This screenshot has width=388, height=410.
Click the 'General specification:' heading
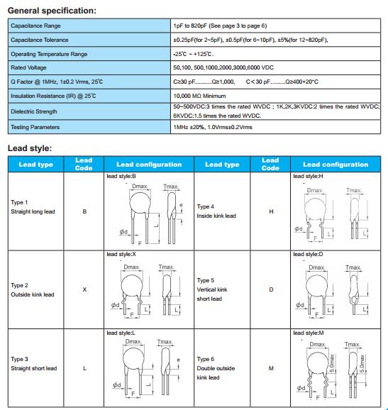click(x=52, y=11)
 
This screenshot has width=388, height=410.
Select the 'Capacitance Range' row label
click(x=35, y=26)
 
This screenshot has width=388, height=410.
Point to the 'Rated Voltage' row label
click(x=28, y=67)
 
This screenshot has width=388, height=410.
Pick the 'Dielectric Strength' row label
click(x=34, y=111)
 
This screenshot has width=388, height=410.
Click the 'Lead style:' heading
click(x=30, y=148)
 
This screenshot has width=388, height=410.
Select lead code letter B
click(x=84, y=211)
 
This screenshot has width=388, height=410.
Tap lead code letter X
click(x=84, y=289)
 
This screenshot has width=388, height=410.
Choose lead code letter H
click(x=271, y=211)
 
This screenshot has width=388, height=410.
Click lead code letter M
click(x=271, y=368)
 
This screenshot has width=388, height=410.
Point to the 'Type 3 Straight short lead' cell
click(x=34, y=364)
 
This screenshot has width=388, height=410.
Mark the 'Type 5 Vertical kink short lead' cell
click(x=212, y=289)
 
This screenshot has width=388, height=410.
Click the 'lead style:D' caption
click(x=308, y=254)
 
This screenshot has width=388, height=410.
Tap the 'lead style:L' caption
click(x=121, y=333)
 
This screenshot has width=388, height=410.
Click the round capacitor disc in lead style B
click(x=140, y=203)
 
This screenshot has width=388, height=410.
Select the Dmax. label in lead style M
click(x=317, y=344)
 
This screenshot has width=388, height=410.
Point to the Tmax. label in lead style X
click(x=166, y=267)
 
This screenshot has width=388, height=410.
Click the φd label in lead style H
click(x=299, y=229)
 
